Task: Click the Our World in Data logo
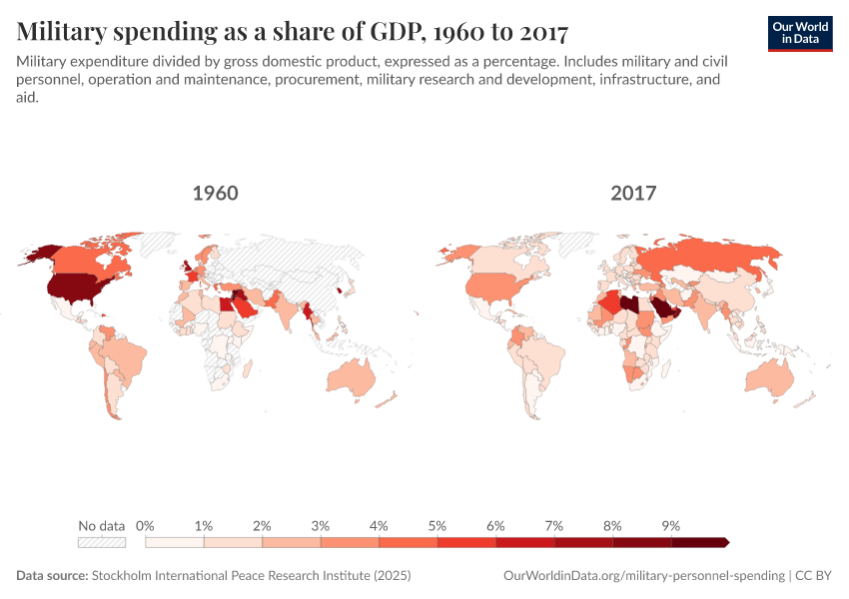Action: (x=800, y=33)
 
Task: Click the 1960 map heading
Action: (x=215, y=193)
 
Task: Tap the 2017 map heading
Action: (x=633, y=193)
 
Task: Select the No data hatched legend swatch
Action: (x=102, y=542)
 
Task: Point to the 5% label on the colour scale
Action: (x=437, y=525)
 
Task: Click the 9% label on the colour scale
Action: (x=670, y=525)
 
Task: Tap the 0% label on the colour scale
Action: (x=145, y=525)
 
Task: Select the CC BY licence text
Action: (x=814, y=576)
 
